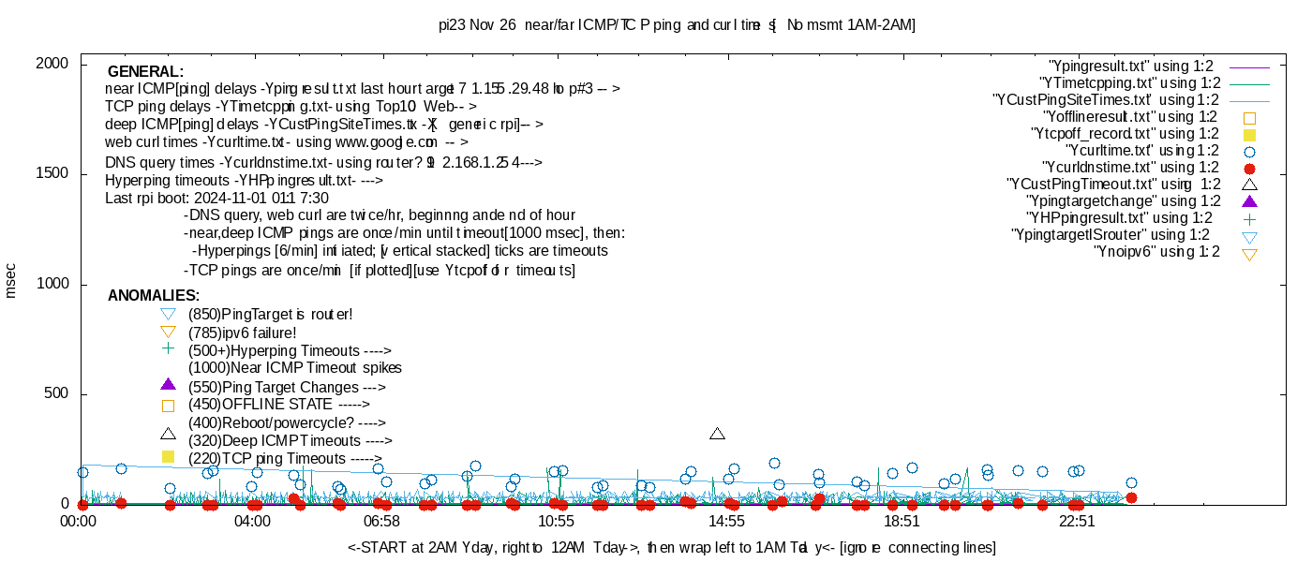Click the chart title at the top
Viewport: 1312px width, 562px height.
tap(677, 25)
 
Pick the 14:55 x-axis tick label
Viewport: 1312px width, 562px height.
tap(726, 521)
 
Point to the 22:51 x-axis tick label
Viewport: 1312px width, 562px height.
tap(1077, 521)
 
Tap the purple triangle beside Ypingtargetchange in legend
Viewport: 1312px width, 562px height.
tap(1248, 200)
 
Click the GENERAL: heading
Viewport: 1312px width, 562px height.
tap(145, 72)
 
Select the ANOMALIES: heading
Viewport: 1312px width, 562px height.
tap(154, 296)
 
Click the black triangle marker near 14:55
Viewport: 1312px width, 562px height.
tap(718, 434)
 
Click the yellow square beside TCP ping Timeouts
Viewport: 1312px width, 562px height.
tap(169, 457)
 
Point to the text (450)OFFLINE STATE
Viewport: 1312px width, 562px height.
tap(260, 405)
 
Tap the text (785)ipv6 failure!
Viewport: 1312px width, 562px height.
tap(243, 333)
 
